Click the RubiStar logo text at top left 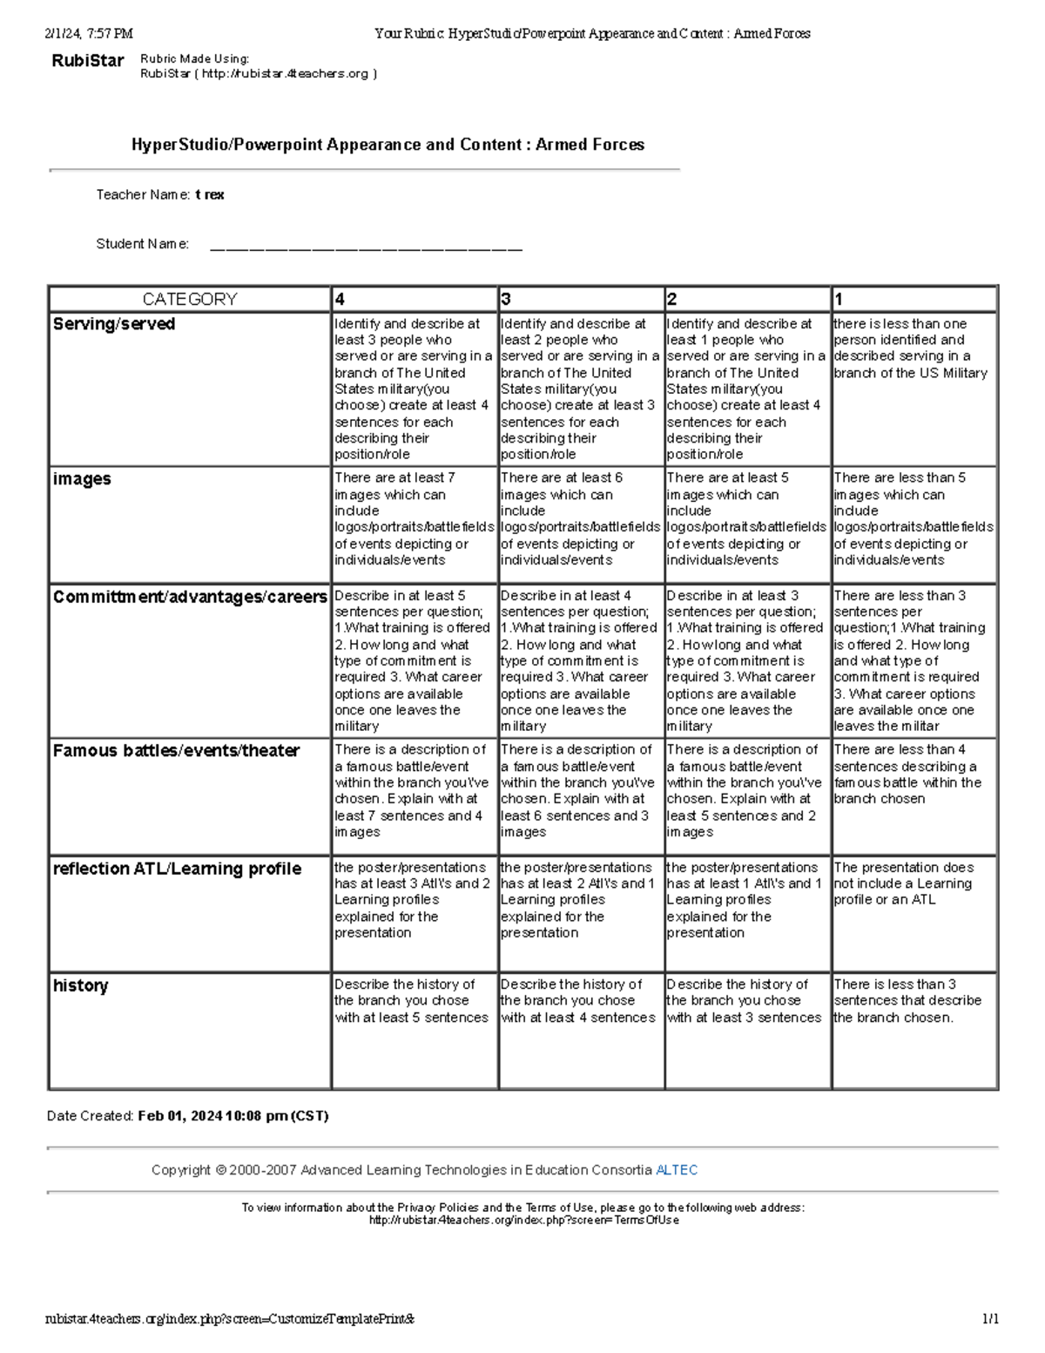[x=88, y=61]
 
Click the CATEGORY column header [x=189, y=299]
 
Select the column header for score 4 [x=340, y=299]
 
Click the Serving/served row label [x=114, y=324]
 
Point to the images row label [x=82, y=479]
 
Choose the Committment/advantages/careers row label [x=190, y=597]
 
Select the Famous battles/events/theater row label [x=176, y=751]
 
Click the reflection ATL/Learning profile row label [x=177, y=869]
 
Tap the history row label [x=80, y=985]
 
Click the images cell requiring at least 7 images [x=414, y=518]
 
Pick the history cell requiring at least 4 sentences [x=578, y=1000]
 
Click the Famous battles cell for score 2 [x=745, y=790]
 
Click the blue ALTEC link [x=677, y=1170]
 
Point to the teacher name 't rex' [x=210, y=195]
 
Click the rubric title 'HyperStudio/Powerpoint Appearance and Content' [x=388, y=145]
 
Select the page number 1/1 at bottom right [x=990, y=1319]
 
